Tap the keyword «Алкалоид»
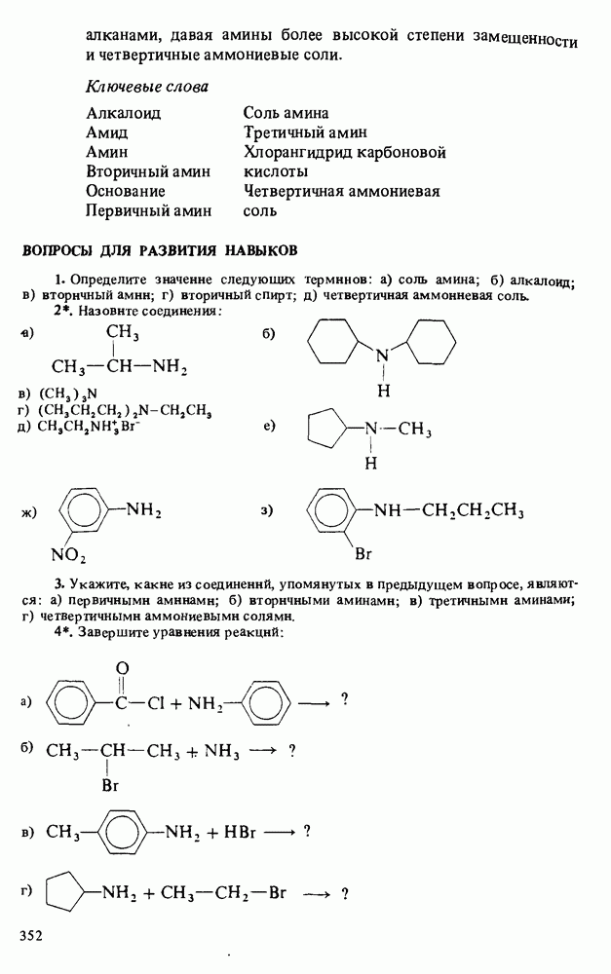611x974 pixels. coord(123,114)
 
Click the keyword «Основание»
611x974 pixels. coord(125,191)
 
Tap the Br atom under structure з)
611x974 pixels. coord(364,554)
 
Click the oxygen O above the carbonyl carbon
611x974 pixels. coord(122,668)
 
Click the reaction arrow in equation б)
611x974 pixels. coord(264,751)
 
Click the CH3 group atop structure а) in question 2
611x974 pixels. coord(122,333)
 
